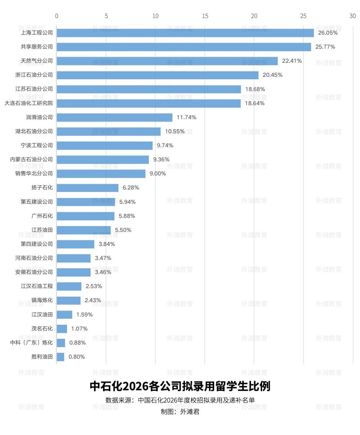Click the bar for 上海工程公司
[185, 33]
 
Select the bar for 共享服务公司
[184, 47]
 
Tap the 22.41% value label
[292, 61]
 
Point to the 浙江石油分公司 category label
[34, 75]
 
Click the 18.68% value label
[255, 89]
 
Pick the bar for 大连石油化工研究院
[149, 103]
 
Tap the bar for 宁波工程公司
[105, 145]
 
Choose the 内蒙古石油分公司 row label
[31, 160]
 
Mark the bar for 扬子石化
[87, 188]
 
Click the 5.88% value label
[127, 216]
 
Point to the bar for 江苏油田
[84, 230]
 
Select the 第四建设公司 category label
[37, 244]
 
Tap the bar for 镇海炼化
[69, 300]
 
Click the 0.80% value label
[76, 357]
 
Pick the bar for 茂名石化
[62, 329]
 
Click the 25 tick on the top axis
[303, 16]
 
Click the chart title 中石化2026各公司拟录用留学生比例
[180, 386]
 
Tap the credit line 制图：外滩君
[180, 412]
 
